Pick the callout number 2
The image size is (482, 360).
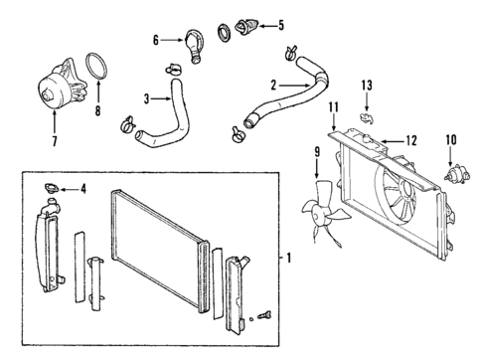(x=274, y=87)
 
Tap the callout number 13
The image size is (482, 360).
(x=367, y=87)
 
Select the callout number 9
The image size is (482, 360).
(x=317, y=151)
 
